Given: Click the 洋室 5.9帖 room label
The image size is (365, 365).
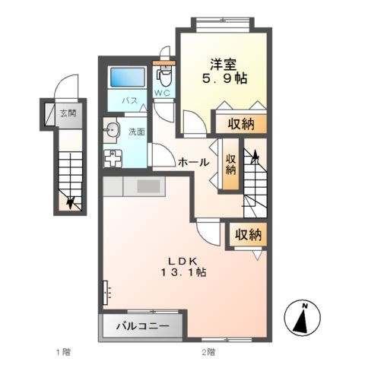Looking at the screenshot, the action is (224, 71).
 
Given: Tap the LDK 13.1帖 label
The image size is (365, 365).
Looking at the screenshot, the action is (183, 267).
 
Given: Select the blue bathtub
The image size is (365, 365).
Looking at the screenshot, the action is (128, 77).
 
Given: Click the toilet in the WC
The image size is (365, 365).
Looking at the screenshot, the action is (164, 75).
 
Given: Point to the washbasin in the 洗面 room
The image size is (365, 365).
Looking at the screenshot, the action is (110, 131).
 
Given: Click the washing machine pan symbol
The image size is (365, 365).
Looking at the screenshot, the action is (113, 158).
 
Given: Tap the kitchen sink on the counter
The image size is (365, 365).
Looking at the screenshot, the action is (148, 186).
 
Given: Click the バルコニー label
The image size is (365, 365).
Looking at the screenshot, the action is (143, 325).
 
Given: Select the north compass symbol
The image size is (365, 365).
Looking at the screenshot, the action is (302, 318).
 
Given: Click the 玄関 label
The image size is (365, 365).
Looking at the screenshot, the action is (68, 113).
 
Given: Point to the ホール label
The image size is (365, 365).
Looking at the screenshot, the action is (194, 162).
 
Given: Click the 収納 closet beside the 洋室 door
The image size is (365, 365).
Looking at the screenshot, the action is (241, 124).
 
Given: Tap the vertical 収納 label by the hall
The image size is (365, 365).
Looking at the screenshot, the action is (231, 165).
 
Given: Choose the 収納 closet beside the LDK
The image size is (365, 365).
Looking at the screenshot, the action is (248, 235).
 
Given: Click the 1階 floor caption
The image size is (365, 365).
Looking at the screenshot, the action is (63, 352).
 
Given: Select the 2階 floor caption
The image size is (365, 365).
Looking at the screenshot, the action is (209, 352).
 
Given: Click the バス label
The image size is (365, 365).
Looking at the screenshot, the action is (130, 100).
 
